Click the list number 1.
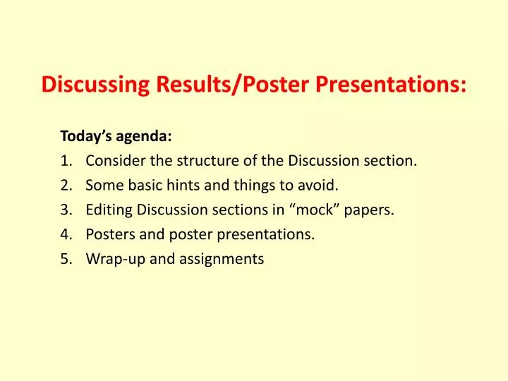pos(66,160)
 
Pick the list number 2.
pos(66,185)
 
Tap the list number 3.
pos(66,210)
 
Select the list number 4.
pos(66,234)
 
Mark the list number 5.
pos(66,259)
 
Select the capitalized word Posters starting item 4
pos(109,234)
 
